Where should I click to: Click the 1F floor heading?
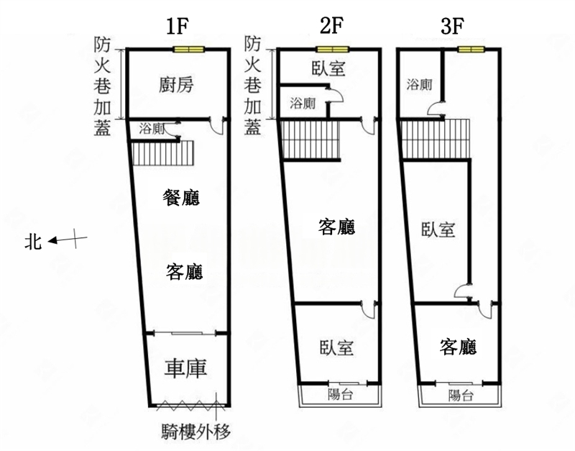click(177, 26)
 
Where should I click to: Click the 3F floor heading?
click(452, 26)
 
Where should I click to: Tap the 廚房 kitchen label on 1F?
click(176, 85)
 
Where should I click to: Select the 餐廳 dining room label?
click(181, 197)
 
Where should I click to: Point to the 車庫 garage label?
click(185, 368)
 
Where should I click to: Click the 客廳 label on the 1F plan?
click(184, 272)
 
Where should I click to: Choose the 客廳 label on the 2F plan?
click(336, 227)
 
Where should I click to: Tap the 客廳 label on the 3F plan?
click(458, 347)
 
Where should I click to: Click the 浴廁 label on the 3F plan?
click(419, 85)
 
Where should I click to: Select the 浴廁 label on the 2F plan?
click(303, 104)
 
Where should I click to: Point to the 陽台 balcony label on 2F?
click(341, 394)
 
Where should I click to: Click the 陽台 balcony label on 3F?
click(461, 395)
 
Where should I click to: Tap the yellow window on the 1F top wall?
click(188, 50)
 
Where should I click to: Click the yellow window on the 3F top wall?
click(471, 49)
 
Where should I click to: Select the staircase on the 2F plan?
click(310, 140)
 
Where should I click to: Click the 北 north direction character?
click(33, 242)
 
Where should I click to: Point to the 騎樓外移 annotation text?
click(196, 432)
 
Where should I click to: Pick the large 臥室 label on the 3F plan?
click(438, 229)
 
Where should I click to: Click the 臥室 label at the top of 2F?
click(328, 68)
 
